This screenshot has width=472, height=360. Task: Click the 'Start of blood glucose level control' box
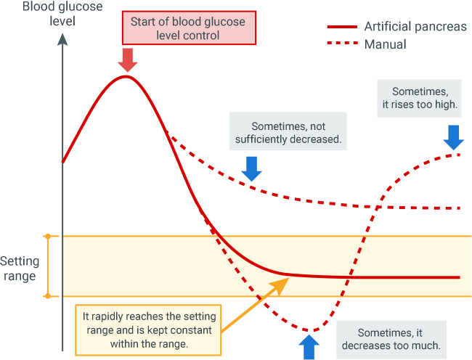pyautogui.click(x=189, y=28)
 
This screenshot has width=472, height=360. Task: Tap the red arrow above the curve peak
pyautogui.click(x=128, y=60)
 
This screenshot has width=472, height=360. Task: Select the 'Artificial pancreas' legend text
pyautogui.click(x=415, y=27)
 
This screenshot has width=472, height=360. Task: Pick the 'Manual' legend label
pyautogui.click(x=386, y=44)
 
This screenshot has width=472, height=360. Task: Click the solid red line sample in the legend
pyautogui.click(x=342, y=27)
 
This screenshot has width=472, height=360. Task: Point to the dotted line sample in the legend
pyautogui.click(x=342, y=43)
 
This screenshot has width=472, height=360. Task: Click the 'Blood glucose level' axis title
pyautogui.click(x=62, y=14)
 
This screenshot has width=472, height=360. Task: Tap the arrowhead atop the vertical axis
pyautogui.click(x=62, y=39)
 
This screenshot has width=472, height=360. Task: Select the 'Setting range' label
pyautogui.click(x=20, y=269)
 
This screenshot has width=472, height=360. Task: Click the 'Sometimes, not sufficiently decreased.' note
pyautogui.click(x=288, y=131)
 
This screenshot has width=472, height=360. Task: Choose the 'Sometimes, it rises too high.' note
pyautogui.click(x=419, y=98)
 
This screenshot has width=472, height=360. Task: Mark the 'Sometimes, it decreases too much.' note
pyautogui.click(x=391, y=339)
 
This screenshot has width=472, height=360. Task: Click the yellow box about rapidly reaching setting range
pyautogui.click(x=148, y=330)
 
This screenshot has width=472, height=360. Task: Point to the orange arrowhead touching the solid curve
pyautogui.click(x=281, y=285)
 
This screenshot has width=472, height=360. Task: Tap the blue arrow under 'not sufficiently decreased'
pyautogui.click(x=252, y=168)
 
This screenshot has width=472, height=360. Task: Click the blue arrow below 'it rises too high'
pyautogui.click(x=453, y=137)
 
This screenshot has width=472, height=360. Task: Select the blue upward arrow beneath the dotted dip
pyautogui.click(x=309, y=347)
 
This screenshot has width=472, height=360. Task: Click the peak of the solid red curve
pyautogui.click(x=126, y=76)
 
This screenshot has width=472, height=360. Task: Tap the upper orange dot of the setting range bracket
pyautogui.click(x=47, y=237)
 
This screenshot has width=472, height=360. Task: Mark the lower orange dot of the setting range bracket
pyautogui.click(x=47, y=296)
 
